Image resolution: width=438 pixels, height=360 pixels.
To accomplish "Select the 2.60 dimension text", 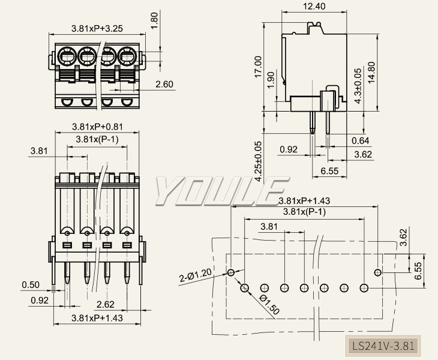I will [x=164, y=85].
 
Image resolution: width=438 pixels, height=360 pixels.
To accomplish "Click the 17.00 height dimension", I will [x=258, y=67].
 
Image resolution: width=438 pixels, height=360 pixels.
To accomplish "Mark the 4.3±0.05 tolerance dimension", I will [x=358, y=85].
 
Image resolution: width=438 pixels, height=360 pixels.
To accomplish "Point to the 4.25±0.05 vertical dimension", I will [x=259, y=161].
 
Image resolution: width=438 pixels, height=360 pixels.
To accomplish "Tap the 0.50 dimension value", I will [x=31, y=284].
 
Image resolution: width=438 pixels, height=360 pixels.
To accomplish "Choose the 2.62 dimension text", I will [x=106, y=304].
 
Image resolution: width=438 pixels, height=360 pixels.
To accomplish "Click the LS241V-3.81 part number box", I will [x=383, y=346].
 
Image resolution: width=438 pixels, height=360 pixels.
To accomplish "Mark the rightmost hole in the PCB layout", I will [x=377, y=273].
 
